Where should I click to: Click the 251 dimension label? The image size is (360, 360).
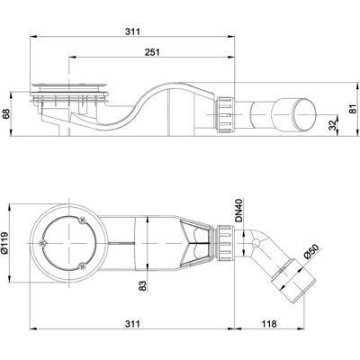click(152, 52)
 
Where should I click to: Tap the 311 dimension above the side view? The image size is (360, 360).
click(132, 31)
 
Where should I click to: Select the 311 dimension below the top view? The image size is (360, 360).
click(132, 324)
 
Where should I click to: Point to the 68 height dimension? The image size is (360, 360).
click(6, 114)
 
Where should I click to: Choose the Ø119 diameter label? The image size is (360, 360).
click(5, 242)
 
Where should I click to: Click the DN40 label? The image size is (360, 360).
click(238, 211)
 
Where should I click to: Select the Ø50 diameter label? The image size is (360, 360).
click(311, 251)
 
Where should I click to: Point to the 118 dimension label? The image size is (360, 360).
click(269, 324)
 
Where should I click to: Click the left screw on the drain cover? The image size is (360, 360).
click(42, 243)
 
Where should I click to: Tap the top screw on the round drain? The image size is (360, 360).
click(82, 220)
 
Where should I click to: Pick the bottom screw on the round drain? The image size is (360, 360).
click(81, 265)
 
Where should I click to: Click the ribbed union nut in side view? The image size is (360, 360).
click(224, 114)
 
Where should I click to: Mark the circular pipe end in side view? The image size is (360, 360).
click(304, 115)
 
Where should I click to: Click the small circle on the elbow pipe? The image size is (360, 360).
click(256, 243)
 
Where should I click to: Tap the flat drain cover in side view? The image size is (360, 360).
click(68, 85)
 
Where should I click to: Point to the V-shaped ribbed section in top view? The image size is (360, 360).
click(196, 243)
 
